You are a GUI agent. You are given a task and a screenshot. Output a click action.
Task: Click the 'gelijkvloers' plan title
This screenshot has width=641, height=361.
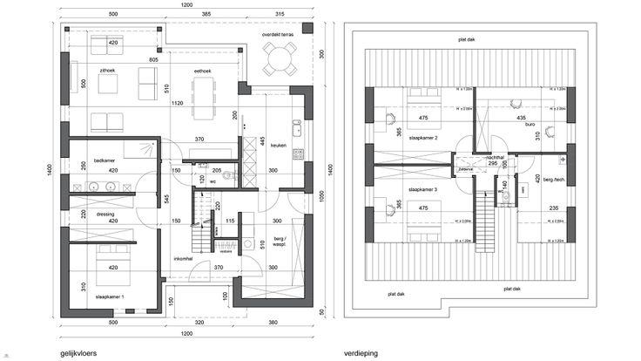click(78, 353)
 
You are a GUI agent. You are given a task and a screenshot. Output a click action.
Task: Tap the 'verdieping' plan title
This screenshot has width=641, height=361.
click(361, 353)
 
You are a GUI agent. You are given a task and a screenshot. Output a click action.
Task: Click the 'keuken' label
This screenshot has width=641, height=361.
click(279, 146)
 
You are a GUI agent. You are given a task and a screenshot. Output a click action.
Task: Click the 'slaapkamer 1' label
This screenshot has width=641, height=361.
click(110, 297)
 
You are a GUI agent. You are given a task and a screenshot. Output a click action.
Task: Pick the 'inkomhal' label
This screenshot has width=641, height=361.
click(184, 258)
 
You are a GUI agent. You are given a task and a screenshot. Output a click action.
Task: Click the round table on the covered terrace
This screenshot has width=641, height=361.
click(279, 61)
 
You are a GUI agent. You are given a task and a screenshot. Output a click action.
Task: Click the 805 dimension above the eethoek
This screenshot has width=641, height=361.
click(153, 58)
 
